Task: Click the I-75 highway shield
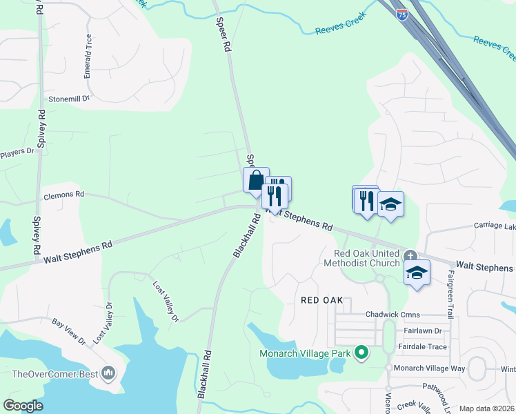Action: pos(402,13)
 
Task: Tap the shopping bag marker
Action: pos(256,180)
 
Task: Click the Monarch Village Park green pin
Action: pos(361,354)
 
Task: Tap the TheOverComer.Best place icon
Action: pos(108,374)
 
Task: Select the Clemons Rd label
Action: pos(63,195)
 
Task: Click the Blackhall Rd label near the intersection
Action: pos(246,235)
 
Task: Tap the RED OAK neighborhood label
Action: pos(327,301)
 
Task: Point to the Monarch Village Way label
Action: pos(429,369)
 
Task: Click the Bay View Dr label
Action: pos(68,332)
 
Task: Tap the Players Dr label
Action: pos(17,152)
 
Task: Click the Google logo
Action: pos(23,406)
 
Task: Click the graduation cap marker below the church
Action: pos(417,273)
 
